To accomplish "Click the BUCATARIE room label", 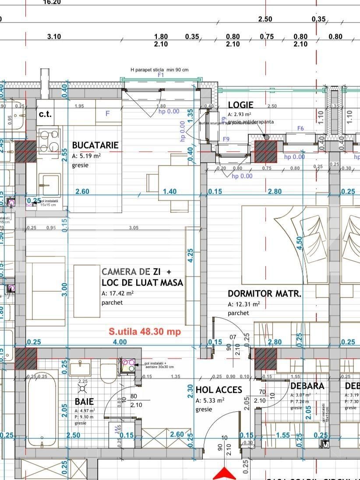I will coord(95,145).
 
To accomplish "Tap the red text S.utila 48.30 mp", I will coord(145,332).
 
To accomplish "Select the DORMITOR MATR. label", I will coord(265,294).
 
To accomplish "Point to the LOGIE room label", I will coord(240,105).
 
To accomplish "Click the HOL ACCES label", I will coord(219,389).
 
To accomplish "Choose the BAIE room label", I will coord(84,401).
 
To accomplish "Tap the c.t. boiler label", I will coord(45,114).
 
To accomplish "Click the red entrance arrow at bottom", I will coord(224,473).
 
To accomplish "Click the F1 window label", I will coord(161,75).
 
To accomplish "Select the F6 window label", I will coord(300,128).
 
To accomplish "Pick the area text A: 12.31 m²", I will coord(244,304).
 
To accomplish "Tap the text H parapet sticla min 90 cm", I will coord(159,70).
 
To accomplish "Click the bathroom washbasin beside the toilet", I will coord(81,368).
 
